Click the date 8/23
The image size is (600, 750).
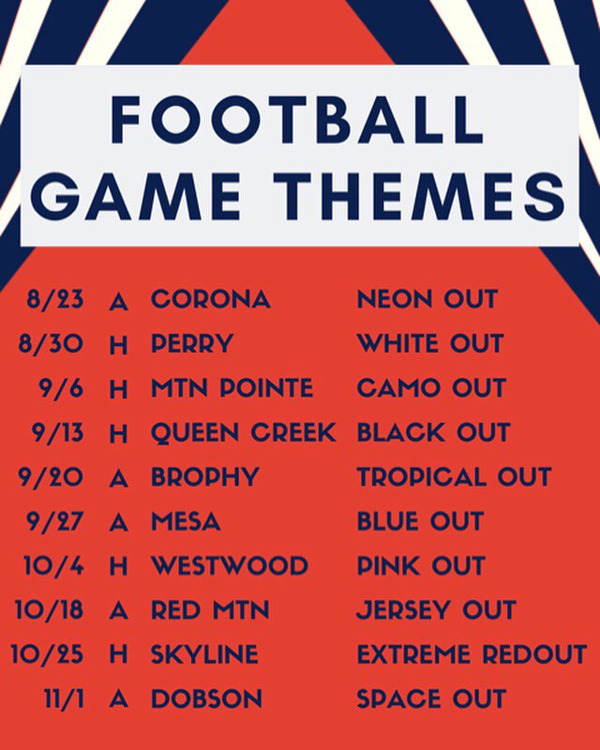coord(55,300)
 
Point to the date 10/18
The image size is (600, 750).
coord(49,610)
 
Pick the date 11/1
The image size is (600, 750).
coord(60,699)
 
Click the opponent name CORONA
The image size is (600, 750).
coord(211,300)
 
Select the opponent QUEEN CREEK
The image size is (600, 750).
coord(244,433)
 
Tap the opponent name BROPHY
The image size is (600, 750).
coord(204,477)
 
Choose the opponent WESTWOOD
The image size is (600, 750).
coord(230,566)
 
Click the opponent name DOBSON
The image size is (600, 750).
coord(207,699)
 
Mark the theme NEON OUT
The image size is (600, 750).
coord(427,300)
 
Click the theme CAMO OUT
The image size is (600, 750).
coord(431,388)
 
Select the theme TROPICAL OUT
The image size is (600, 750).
coord(454,477)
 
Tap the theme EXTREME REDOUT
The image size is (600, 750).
coord(472,654)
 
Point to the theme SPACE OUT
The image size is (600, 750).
coord(431,699)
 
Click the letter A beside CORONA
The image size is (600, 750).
coord(118,301)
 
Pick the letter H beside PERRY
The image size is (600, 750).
coord(118,345)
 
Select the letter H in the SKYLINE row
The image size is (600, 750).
coord(118,655)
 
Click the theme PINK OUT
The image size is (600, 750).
coord(421,566)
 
